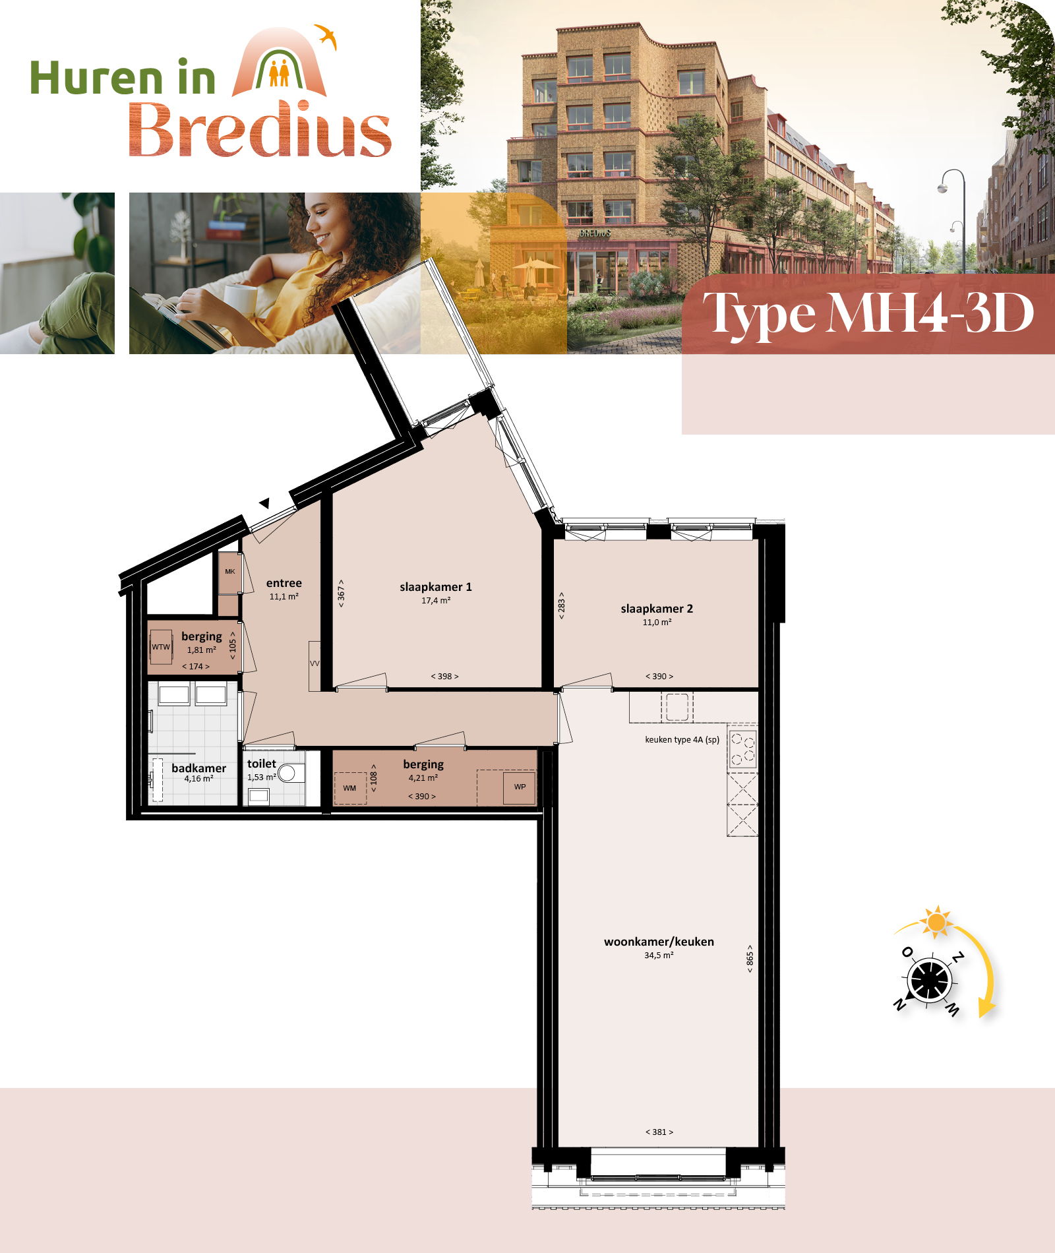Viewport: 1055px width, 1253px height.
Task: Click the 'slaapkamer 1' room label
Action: (436, 587)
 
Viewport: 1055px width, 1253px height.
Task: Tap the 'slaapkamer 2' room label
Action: (657, 609)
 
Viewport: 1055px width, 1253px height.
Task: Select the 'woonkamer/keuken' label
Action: (659, 942)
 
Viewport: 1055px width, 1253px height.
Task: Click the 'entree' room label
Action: (284, 583)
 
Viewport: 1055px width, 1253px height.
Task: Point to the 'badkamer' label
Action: (198, 768)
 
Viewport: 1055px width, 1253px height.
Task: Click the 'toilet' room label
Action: (262, 764)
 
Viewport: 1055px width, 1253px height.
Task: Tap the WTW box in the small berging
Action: (161, 647)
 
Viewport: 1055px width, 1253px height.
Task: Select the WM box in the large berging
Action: (349, 788)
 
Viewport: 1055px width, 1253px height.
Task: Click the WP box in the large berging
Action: (520, 787)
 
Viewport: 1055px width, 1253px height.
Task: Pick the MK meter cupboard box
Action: (229, 572)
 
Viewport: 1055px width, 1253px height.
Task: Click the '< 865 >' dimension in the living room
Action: (750, 959)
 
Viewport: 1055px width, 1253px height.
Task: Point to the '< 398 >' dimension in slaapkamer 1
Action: (445, 677)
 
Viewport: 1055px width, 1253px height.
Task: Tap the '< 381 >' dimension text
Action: (659, 1132)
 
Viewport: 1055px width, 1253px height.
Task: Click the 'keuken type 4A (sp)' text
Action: (682, 740)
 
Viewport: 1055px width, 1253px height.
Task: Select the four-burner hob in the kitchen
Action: (742, 749)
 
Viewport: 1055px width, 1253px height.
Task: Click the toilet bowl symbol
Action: (288, 773)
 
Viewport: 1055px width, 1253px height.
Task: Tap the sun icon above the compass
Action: (936, 921)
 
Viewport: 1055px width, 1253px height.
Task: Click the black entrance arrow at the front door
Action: (264, 503)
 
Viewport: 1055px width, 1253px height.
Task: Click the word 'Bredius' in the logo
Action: (260, 129)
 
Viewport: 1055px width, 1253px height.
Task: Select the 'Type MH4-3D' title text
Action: (868, 313)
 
